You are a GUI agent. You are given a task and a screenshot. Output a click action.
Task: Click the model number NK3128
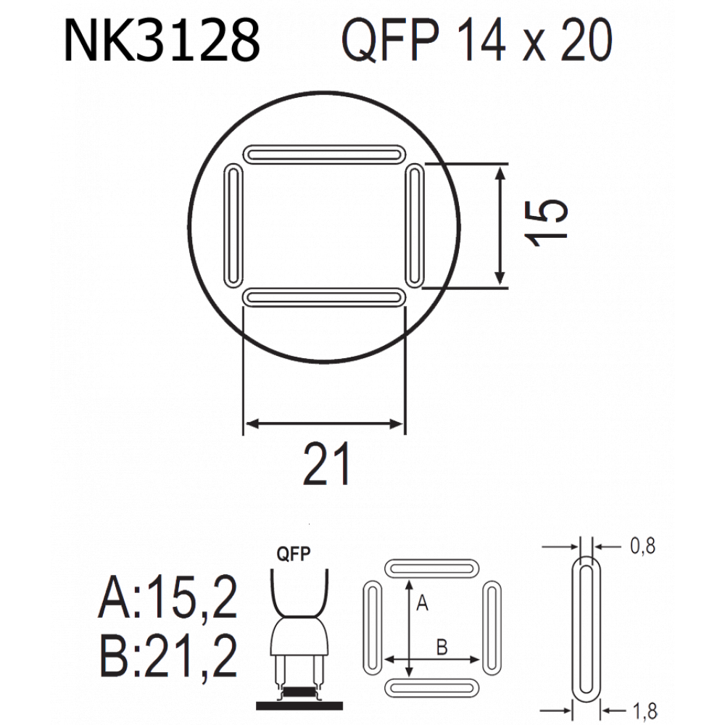coord(162,41)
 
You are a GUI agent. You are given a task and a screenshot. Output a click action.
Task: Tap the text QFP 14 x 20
coord(477,41)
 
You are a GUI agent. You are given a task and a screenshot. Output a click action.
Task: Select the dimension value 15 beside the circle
coord(546,223)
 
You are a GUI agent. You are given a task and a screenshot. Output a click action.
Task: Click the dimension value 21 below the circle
coord(326,464)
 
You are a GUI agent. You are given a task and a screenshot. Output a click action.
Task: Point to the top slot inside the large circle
coord(324,154)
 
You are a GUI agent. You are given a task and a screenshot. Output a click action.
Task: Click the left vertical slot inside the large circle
coord(233,225)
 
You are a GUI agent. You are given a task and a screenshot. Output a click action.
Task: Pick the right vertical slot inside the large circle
coord(415,225)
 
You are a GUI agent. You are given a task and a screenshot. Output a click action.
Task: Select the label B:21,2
coord(168,655)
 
